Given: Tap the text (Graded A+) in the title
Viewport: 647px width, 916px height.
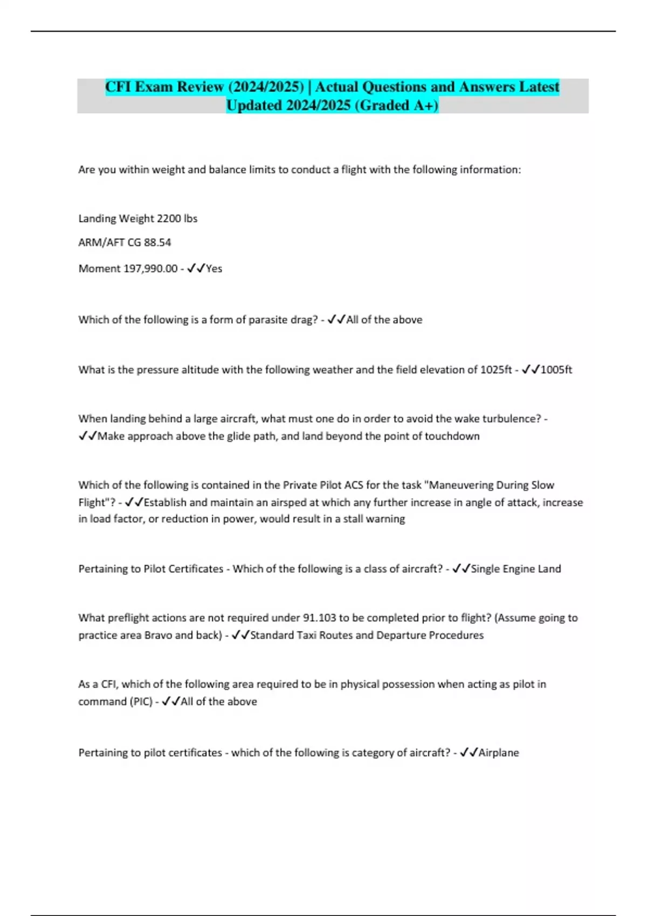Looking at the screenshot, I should [x=396, y=105].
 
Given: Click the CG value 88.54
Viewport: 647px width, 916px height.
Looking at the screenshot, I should [x=157, y=242].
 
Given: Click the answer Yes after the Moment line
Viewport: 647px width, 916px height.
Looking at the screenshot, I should [x=214, y=268].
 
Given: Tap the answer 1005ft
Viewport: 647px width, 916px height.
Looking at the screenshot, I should [x=556, y=370].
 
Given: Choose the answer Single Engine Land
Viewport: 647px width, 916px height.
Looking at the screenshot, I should [x=516, y=569].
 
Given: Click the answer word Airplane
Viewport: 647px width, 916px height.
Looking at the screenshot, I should [x=499, y=753].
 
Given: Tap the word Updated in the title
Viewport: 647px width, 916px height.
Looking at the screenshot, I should [x=254, y=105].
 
